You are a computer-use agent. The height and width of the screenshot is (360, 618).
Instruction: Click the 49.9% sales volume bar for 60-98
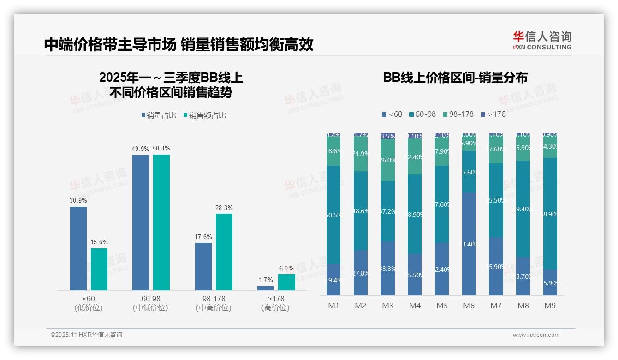tap(141, 222)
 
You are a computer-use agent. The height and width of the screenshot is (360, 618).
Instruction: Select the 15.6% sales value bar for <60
tap(99, 269)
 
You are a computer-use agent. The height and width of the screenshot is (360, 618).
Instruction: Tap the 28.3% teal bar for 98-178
tap(224, 252)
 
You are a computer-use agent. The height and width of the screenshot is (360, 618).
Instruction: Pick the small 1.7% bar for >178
tap(266, 288)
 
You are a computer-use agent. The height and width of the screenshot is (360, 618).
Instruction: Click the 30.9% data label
tap(78, 201)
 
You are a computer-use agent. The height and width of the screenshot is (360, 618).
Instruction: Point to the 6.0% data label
tap(286, 268)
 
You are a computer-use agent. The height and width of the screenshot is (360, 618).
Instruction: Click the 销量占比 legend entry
tap(159, 115)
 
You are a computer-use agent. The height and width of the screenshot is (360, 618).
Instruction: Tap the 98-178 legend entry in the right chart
tap(458, 114)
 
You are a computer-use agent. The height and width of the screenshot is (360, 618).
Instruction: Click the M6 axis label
tap(469, 306)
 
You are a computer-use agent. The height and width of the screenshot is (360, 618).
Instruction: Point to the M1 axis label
tap(333, 306)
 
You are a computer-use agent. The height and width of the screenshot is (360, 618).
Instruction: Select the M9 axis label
tap(550, 306)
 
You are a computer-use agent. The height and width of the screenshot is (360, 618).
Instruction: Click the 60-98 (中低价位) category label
tap(151, 303)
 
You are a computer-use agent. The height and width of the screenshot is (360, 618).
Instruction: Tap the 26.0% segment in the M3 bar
tap(388, 160)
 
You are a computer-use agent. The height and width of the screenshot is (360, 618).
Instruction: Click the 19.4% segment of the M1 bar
tap(333, 280)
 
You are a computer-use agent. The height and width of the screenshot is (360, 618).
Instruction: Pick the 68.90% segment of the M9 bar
tap(550, 214)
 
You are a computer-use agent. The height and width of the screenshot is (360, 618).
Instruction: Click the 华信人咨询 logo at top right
tap(542, 41)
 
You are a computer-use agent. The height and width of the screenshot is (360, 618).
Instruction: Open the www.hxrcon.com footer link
tap(536, 335)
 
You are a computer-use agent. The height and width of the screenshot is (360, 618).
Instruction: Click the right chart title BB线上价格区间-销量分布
tap(455, 77)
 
